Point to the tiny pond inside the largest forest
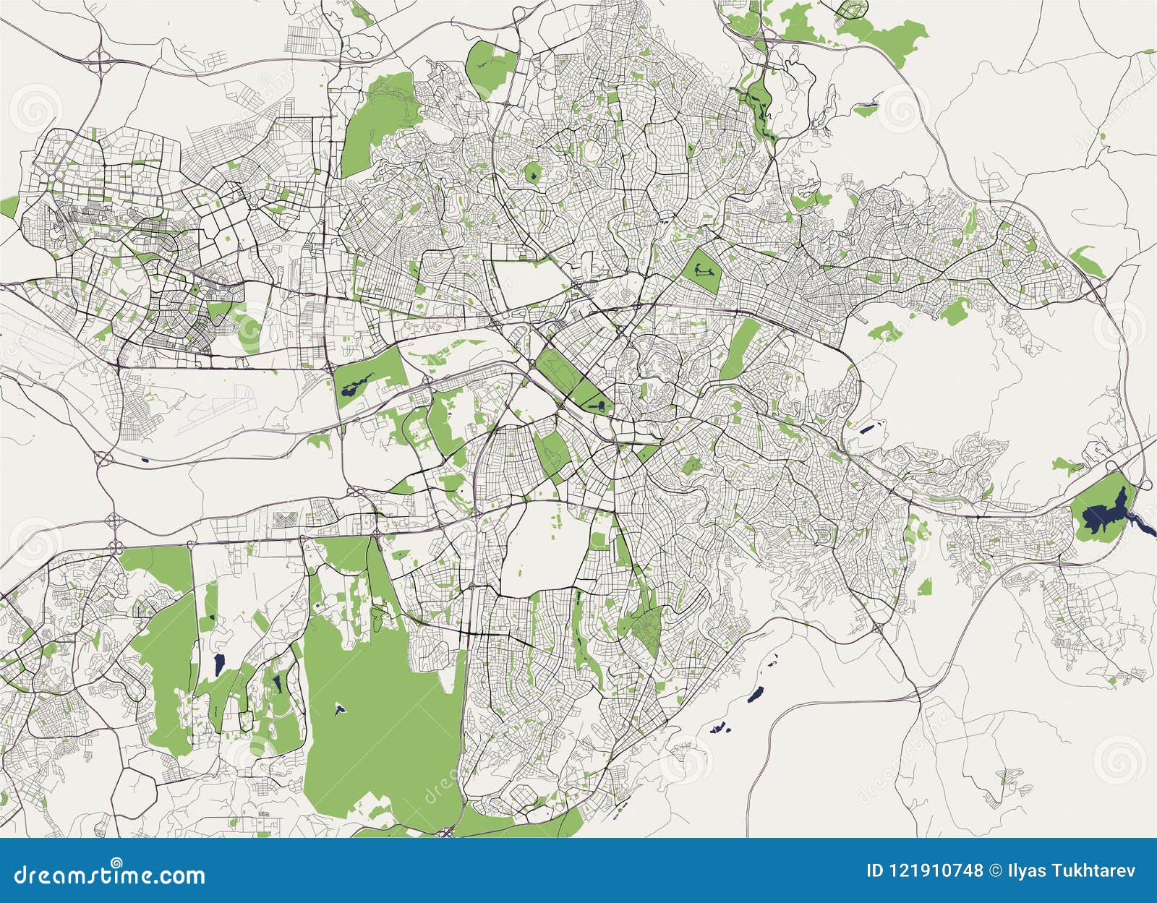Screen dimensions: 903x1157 [x=338, y=709]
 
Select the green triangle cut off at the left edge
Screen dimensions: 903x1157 [x=7, y=207]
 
